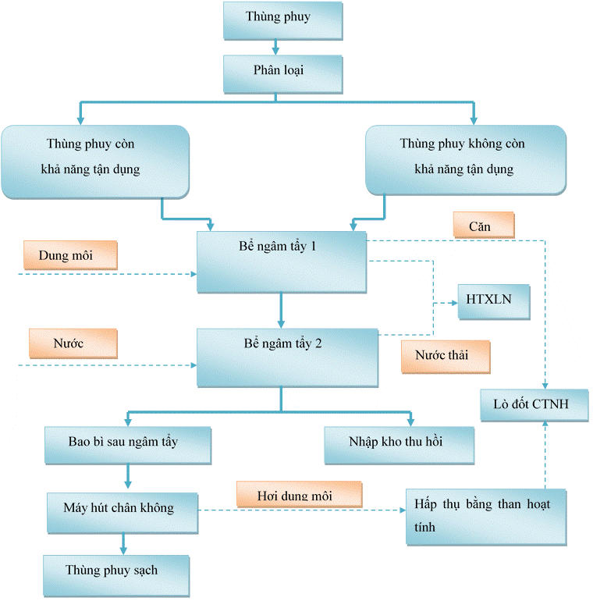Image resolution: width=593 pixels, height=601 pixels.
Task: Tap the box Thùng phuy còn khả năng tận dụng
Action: point(95,159)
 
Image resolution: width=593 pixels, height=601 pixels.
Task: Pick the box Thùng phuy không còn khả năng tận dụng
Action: point(465,159)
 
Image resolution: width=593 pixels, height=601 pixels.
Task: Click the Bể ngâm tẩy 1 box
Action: point(281,262)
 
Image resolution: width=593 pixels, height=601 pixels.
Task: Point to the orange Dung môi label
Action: point(70,254)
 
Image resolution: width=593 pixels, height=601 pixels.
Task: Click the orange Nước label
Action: point(73,343)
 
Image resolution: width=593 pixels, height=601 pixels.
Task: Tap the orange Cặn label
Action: point(484,226)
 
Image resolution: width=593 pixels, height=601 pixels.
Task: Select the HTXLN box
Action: point(493,300)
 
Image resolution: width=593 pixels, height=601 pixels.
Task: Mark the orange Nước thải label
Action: point(446,357)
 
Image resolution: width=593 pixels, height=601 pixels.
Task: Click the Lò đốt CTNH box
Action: point(534,404)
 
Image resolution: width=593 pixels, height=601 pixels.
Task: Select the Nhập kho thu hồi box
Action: point(399,445)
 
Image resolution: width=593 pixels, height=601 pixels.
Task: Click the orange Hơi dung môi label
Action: point(299,495)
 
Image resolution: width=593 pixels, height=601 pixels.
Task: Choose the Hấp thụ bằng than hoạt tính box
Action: point(485,516)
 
